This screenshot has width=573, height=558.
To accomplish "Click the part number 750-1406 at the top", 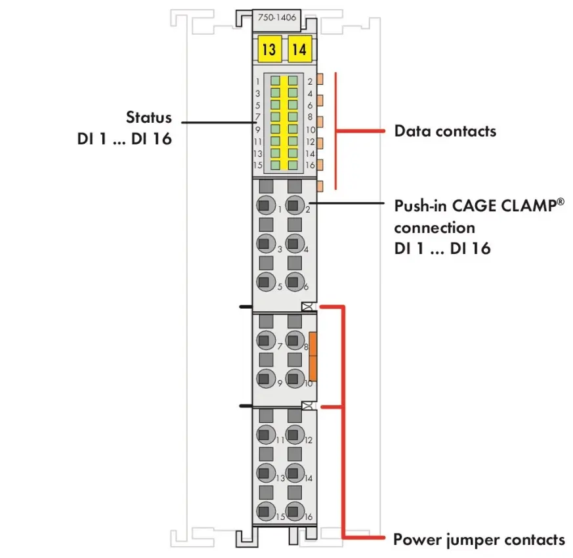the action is pos(276,17).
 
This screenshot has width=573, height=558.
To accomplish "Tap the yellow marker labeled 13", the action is pos(269,49).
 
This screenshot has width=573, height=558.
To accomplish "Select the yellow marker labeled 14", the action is pos(300,49).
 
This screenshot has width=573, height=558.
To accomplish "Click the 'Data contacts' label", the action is pos(445,131).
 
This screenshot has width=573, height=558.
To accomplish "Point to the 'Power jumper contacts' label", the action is pos(479,540).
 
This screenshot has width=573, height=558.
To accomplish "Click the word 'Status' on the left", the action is pos(149,118).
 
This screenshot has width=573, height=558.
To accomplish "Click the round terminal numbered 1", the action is pos(266,205).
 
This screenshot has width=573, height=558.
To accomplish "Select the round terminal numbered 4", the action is pos(294,243).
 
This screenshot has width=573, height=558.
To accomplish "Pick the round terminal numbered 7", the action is pos(266,340).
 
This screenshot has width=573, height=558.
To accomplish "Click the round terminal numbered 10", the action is pos(294,378).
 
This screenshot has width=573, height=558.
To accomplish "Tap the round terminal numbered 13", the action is pos(266,473).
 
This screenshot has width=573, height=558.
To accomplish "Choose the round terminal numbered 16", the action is pos(294,511).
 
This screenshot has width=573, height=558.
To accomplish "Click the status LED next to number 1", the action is pos(275,80).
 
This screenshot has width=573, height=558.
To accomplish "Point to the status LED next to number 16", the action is pos(293,165).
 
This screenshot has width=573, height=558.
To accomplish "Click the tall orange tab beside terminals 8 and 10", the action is pos(313,356).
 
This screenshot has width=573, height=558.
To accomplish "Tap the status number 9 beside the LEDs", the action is pos(258,130).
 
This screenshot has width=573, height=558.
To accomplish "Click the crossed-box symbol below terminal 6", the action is pos(307,307).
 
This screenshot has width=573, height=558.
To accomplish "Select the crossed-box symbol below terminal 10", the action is pos(307,405).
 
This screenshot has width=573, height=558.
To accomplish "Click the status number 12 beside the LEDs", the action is pos(310,142).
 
